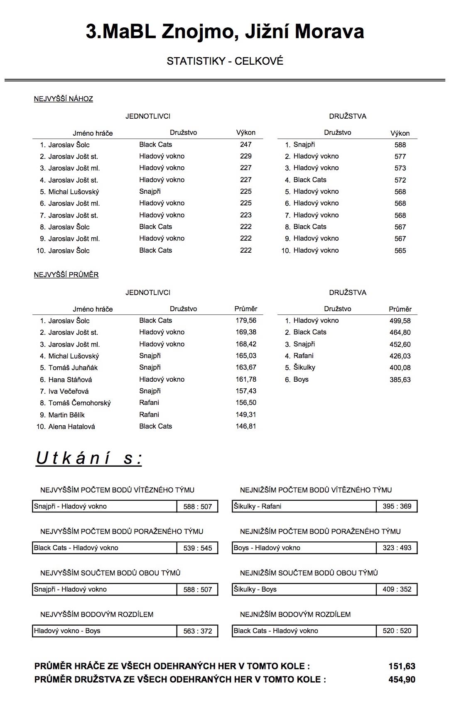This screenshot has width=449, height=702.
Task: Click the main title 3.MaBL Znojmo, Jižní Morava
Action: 225,32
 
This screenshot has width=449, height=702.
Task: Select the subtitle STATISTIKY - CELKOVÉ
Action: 225,61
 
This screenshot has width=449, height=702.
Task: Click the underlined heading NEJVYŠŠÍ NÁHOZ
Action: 63,99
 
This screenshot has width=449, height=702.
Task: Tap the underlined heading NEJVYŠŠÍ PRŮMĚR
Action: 66,275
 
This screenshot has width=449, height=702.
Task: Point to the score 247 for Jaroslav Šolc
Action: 245,145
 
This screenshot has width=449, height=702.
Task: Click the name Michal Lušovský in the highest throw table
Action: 74,192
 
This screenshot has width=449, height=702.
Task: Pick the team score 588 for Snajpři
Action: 400,145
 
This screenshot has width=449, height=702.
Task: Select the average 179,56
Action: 245,321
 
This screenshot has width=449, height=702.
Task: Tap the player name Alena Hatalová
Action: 71,427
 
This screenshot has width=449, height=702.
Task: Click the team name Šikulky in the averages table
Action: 304,368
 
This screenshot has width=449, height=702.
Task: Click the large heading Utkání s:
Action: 89,458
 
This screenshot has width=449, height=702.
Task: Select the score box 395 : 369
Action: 397,507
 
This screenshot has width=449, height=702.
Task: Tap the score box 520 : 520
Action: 397,631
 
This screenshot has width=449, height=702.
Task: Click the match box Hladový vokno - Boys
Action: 105,631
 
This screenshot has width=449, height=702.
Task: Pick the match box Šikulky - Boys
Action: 304,590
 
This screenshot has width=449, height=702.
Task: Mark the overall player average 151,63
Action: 402,666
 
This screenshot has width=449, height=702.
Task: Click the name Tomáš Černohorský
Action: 79,403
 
